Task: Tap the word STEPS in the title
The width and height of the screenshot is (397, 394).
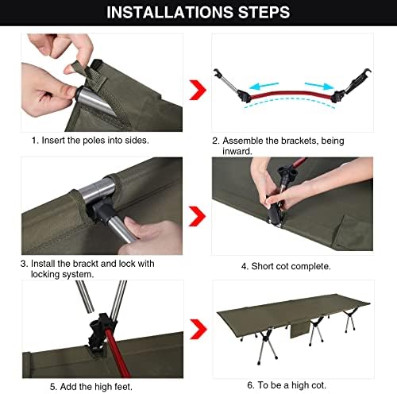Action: pos(264,13)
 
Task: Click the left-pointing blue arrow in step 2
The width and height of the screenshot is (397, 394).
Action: pos(264,86)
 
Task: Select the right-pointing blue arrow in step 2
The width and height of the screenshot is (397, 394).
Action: pos(319,86)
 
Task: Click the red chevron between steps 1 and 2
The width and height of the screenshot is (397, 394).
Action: pos(198,90)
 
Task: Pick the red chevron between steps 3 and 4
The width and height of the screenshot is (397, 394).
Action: pos(197,216)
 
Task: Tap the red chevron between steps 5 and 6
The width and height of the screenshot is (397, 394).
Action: pos(198,329)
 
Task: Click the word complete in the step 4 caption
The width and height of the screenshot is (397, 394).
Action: pos(310,266)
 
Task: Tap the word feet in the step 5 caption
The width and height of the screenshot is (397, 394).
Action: pos(123,387)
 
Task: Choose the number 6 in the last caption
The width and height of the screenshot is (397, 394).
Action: pos(251,385)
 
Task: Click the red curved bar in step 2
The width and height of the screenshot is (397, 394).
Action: pos(291,94)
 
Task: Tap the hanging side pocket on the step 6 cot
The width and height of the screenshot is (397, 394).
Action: pos(299,330)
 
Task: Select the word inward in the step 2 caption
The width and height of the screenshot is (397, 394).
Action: pos(237,152)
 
